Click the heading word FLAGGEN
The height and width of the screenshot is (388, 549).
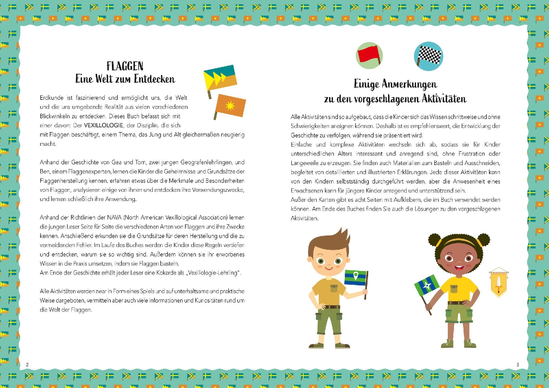pyautogui.click(x=125, y=66)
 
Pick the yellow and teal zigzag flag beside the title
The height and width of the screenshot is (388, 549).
pyautogui.click(x=220, y=78)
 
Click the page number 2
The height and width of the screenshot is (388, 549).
pyautogui.click(x=27, y=365)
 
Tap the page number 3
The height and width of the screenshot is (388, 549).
pyautogui.click(x=518, y=365)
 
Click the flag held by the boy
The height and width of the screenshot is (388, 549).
pyautogui.click(x=356, y=278)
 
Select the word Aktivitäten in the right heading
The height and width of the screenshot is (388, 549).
pyautogui.click(x=444, y=99)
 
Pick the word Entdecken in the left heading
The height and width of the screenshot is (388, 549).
pyautogui.click(x=154, y=79)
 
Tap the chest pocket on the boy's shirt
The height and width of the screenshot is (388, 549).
pyautogui.click(x=334, y=288)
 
